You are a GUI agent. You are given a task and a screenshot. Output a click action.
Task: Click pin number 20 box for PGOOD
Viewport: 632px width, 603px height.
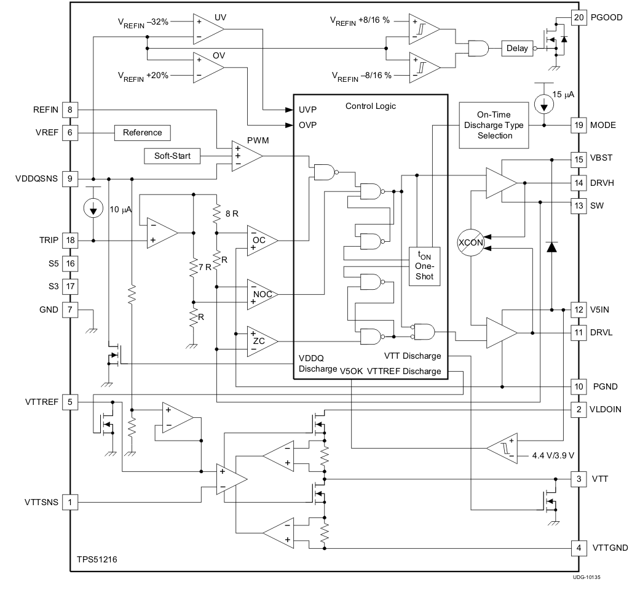pyautogui.click(x=579, y=17)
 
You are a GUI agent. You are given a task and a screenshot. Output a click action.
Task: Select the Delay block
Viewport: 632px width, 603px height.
pyautogui.click(x=517, y=48)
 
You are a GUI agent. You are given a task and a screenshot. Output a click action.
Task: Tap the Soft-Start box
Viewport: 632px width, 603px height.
pyautogui.click(x=172, y=156)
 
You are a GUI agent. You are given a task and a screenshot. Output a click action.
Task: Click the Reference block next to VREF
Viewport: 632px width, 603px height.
pyautogui.click(x=142, y=132)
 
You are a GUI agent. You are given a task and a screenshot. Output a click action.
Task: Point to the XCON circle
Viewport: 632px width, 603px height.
pyautogui.click(x=471, y=242)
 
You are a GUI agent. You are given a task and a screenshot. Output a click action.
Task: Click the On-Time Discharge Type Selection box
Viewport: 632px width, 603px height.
pyautogui.click(x=494, y=126)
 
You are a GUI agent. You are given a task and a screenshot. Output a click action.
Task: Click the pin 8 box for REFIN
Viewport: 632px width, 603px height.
pyautogui.click(x=71, y=110)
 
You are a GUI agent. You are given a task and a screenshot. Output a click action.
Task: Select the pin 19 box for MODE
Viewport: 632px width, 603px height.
pyautogui.click(x=579, y=125)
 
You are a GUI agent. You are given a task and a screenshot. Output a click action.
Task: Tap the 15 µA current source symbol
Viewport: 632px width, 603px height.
pyautogui.click(x=544, y=103)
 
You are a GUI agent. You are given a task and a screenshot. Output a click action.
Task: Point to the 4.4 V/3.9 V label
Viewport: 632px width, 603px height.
pyautogui.click(x=553, y=456)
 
